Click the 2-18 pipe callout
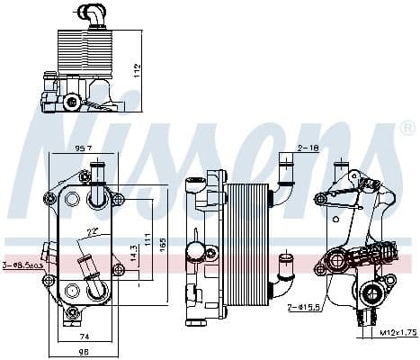coord(308,147)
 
